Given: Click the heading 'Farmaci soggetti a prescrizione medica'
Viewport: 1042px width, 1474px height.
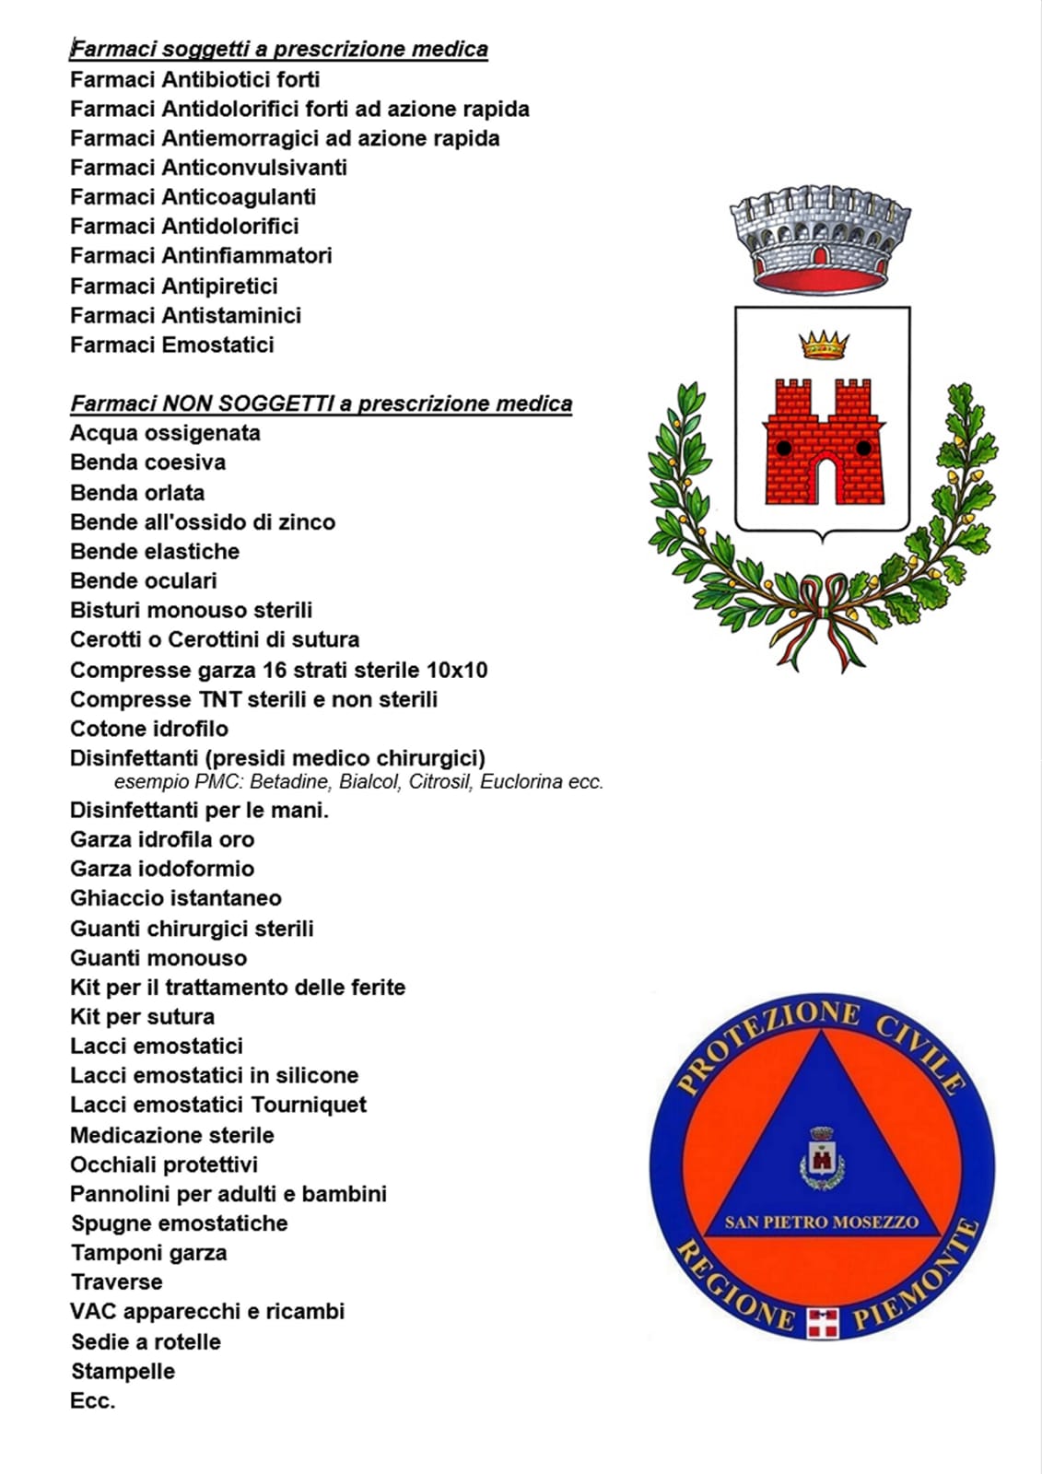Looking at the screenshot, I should (x=279, y=49).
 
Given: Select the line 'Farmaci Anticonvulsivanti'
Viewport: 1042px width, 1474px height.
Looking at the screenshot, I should (x=208, y=168).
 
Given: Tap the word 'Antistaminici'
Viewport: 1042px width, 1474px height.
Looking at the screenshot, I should (x=231, y=315).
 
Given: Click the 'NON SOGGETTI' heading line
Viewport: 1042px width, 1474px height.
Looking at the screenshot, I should (x=322, y=404).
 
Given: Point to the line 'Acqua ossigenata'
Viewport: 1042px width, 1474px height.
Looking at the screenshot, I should (x=165, y=433).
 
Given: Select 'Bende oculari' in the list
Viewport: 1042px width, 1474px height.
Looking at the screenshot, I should (x=144, y=580).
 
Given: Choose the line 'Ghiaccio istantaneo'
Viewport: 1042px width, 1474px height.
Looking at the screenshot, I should (x=176, y=898).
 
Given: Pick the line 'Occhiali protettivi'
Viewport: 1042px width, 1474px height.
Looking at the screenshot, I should (x=164, y=1164).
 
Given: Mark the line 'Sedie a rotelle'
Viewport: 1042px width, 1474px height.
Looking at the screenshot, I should (x=146, y=1341).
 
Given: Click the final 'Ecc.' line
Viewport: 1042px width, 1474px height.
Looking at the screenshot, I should (x=93, y=1401).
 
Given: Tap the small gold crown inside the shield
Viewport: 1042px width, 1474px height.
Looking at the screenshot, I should (x=823, y=345).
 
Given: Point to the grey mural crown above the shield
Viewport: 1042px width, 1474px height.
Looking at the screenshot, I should (x=820, y=236).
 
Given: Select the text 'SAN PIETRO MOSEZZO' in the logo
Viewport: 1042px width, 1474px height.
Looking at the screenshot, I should (x=821, y=1222).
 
